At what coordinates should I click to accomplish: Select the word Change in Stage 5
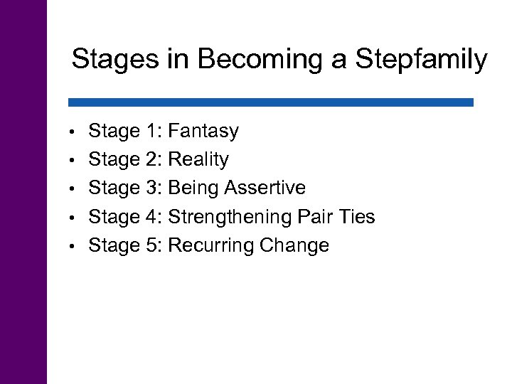(294, 246)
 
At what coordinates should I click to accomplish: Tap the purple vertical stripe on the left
(23, 192)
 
